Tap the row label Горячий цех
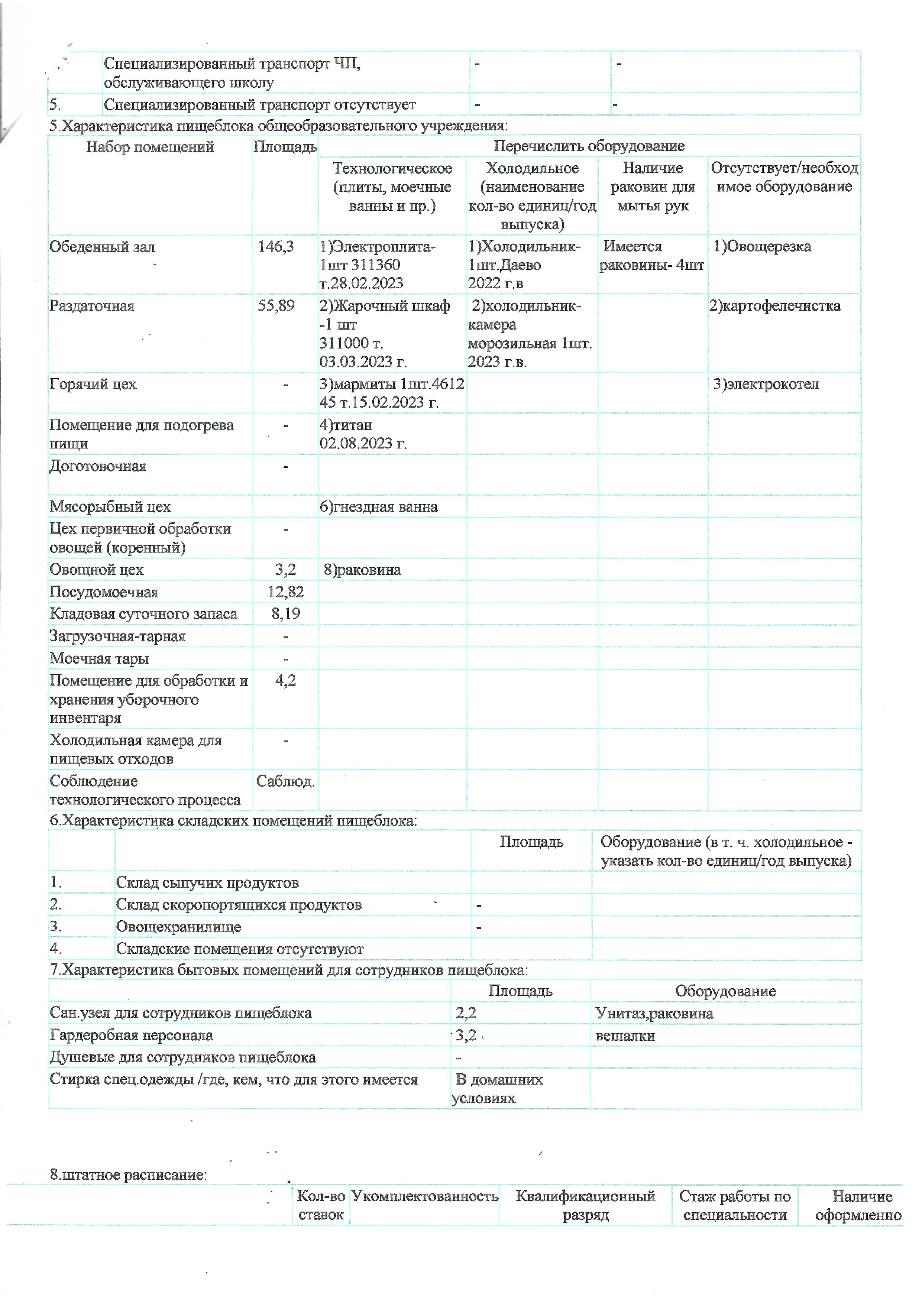[x=93, y=384]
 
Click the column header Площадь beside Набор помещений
[x=285, y=147]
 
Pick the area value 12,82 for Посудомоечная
[x=285, y=592]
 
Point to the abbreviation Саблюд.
[x=285, y=781]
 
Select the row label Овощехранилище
[x=178, y=927]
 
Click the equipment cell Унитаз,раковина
[x=654, y=1013]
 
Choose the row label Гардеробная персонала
[x=131, y=1035]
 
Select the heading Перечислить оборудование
[x=589, y=146]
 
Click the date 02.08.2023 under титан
[x=363, y=443]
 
